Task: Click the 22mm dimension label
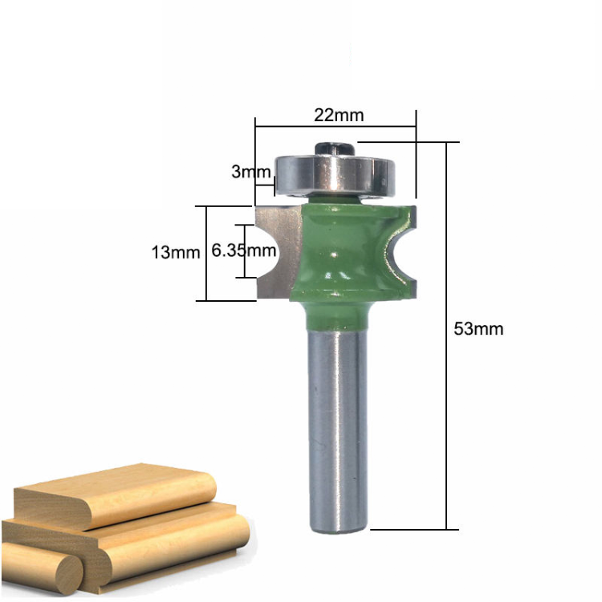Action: tap(338, 115)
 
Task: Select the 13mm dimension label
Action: tap(175, 253)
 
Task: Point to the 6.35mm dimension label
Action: tap(244, 250)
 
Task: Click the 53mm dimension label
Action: tap(478, 328)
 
